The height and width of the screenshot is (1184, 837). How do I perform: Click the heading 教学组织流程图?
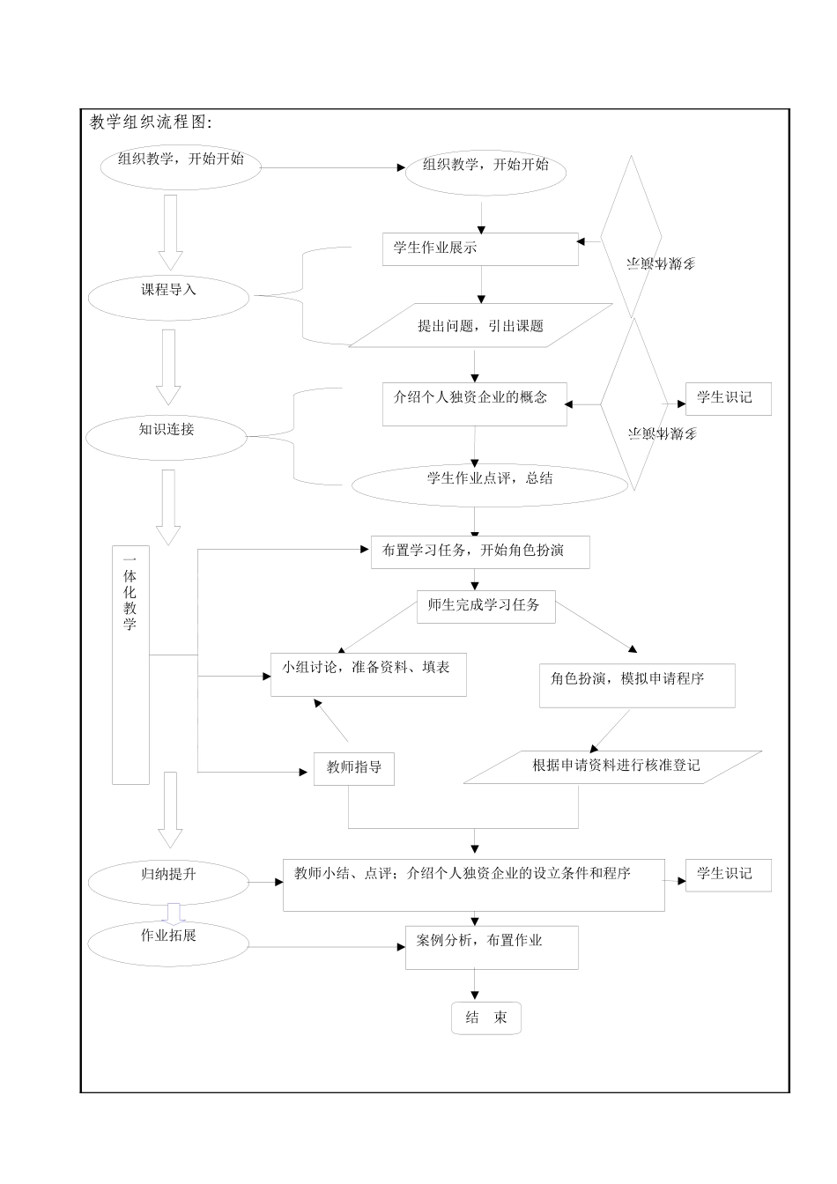click(151, 122)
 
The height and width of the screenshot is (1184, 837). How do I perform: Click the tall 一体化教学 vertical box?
click(130, 665)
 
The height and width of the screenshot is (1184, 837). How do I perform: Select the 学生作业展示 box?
click(480, 249)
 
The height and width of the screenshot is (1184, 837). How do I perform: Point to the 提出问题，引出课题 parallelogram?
click(480, 326)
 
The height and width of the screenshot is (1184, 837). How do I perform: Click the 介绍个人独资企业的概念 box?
click(474, 404)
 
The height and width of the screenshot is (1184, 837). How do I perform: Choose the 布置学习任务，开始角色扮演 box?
click(479, 552)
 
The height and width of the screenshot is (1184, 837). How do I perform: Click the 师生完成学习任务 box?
click(485, 607)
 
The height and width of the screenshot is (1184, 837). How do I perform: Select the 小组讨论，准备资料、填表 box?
click(368, 674)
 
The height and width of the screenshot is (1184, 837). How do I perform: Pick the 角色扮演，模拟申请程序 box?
click(636, 684)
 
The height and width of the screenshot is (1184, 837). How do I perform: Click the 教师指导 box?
click(354, 768)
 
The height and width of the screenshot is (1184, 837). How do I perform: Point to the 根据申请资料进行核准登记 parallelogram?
click(613, 766)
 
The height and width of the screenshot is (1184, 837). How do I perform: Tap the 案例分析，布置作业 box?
click(492, 947)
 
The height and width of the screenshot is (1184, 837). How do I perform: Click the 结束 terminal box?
click(486, 1018)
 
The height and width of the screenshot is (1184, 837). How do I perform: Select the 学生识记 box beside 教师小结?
click(728, 875)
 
